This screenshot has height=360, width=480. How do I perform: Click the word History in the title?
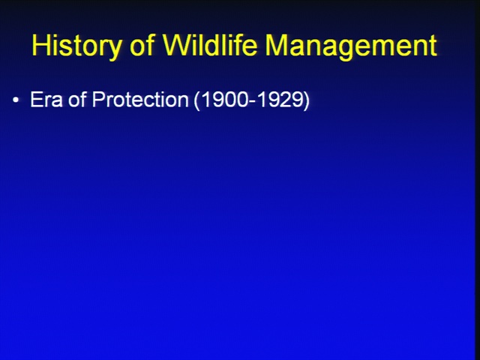76,46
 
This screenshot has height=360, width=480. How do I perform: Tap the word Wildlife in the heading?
210,44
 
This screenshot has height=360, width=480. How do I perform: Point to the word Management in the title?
351,46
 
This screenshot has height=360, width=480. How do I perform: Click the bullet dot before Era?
16,100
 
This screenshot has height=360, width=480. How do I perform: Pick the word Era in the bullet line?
46,99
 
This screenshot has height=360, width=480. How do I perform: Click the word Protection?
140,99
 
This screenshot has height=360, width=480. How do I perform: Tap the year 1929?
280,100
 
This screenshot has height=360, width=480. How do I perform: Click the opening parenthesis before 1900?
197,100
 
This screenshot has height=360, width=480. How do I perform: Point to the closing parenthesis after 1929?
306,100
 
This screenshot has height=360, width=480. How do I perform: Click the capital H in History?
42,45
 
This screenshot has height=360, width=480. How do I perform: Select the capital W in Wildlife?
177,45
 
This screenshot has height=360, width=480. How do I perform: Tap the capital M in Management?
277,45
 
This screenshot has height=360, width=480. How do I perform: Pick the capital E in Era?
36,99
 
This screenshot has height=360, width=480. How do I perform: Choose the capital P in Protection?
98,99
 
